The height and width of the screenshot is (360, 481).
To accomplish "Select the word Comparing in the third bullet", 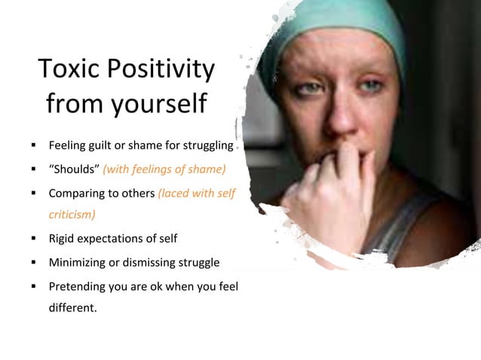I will tap(76, 193).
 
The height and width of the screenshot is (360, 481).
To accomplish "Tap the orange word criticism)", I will tap(72, 214).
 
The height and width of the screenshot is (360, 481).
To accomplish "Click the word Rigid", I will tap(63, 239).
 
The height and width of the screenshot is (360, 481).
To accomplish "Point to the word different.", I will tap(72, 307).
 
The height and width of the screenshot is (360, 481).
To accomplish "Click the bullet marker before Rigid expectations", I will tap(34, 239).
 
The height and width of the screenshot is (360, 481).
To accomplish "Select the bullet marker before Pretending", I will tap(34, 288).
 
